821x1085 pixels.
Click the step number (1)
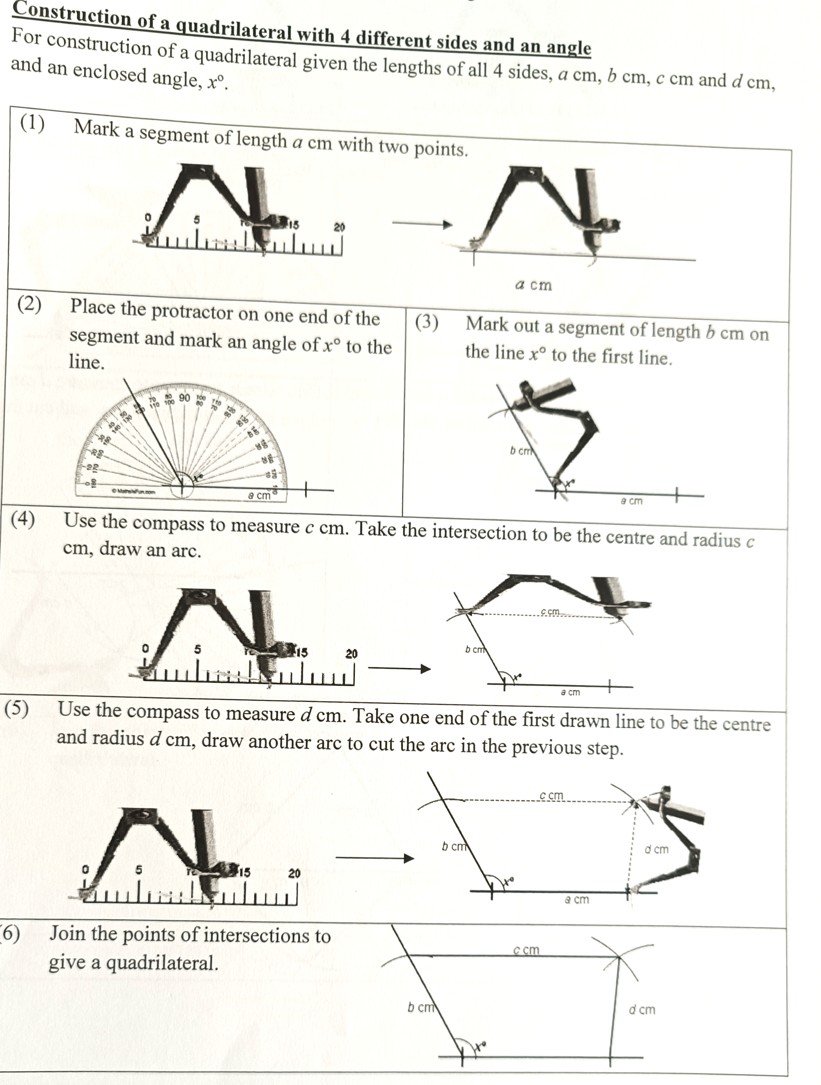[x=32, y=124]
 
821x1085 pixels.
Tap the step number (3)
[x=427, y=322]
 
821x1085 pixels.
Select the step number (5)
[x=17, y=708]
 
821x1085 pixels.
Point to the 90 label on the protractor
[x=185, y=397]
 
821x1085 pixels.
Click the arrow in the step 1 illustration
[x=422, y=224]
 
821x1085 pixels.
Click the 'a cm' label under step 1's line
[x=534, y=285]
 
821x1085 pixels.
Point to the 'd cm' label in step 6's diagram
[x=642, y=1009]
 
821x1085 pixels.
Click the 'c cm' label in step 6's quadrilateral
[x=526, y=950]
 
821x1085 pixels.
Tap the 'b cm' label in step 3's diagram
[x=520, y=450]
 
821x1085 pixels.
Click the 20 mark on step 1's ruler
[x=339, y=227]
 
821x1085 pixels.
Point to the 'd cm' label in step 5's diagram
[x=656, y=849]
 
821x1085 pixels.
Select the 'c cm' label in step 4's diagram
[x=550, y=611]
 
